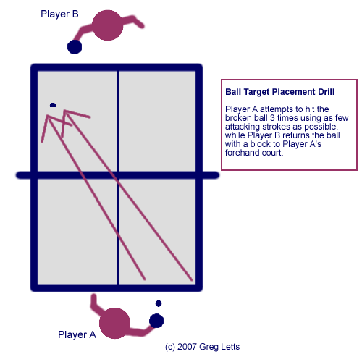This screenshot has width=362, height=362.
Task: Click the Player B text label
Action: [59, 14]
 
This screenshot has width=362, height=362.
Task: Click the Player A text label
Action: [77, 334]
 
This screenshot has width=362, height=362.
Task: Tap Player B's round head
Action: [108, 25]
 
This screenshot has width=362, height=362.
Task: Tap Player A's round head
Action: [114, 323]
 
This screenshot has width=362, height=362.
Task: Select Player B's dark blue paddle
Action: [75, 47]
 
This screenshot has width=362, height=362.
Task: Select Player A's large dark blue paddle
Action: [156, 321]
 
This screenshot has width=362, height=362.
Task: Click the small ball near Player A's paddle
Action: [159, 303]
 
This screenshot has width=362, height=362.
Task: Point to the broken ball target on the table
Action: [53, 105]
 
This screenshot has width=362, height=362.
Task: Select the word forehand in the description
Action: [241, 153]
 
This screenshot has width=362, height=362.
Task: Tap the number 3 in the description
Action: [272, 118]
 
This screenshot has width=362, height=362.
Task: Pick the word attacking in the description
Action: [243, 127]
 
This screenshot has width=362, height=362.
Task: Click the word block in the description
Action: [261, 144]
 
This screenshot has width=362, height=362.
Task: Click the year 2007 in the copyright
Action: [187, 347]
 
